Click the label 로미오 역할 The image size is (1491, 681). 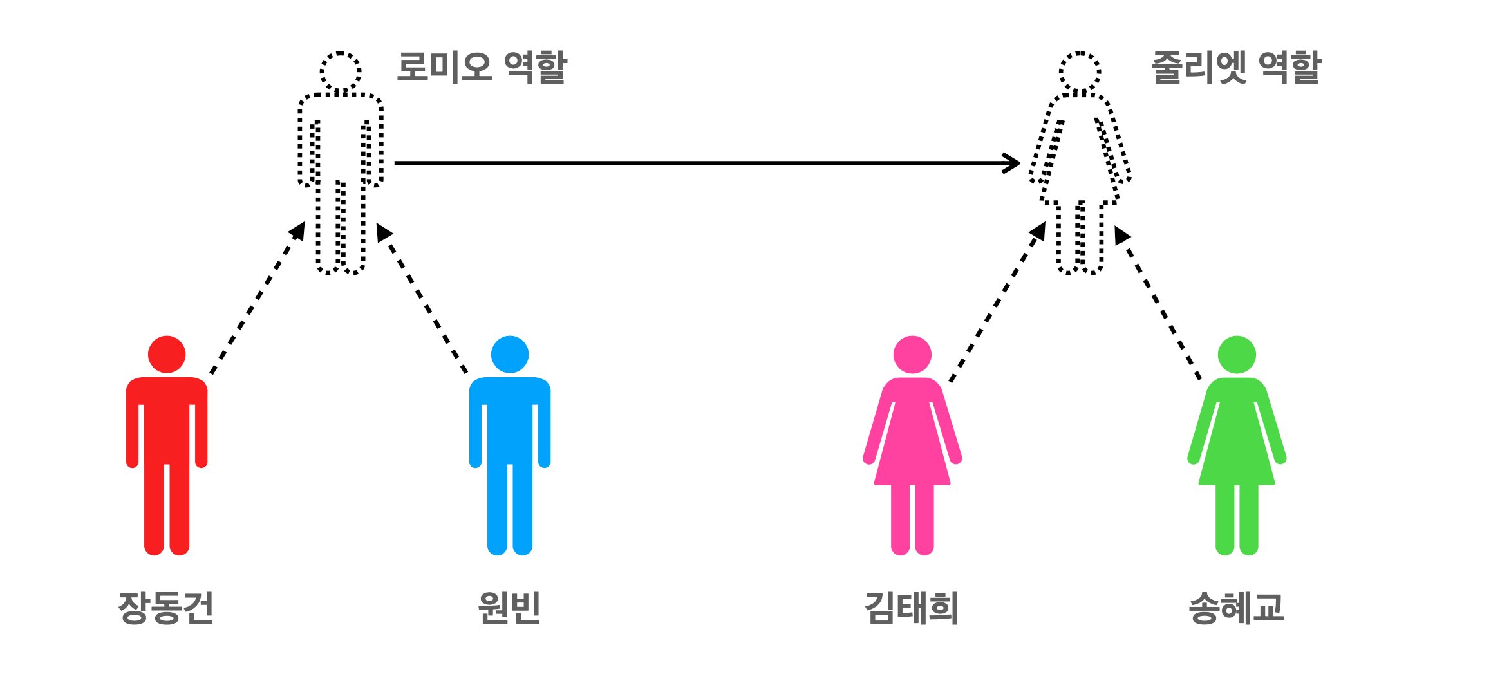click(481, 68)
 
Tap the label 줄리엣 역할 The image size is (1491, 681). click(1235, 68)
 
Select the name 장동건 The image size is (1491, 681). click(165, 608)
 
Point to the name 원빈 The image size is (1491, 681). click(509, 608)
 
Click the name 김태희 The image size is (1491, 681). click(912, 608)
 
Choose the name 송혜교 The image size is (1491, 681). click(1236, 608)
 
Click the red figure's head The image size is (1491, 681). click(167, 355)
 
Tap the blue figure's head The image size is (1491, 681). click(510, 355)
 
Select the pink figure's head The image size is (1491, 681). click(912, 355)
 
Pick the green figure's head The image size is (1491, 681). click(1237, 355)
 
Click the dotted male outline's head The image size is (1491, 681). click(341, 71)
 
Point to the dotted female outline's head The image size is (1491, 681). click(1080, 71)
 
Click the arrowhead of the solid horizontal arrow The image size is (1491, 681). click(1013, 163)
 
